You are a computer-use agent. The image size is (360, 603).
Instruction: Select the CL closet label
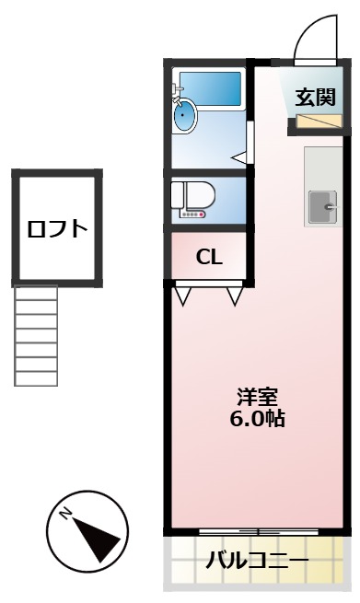click(209, 257)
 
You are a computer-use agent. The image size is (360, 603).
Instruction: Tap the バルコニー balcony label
click(257, 560)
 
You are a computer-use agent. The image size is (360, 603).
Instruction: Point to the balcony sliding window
click(258, 533)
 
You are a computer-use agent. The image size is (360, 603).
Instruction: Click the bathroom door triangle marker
click(240, 158)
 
